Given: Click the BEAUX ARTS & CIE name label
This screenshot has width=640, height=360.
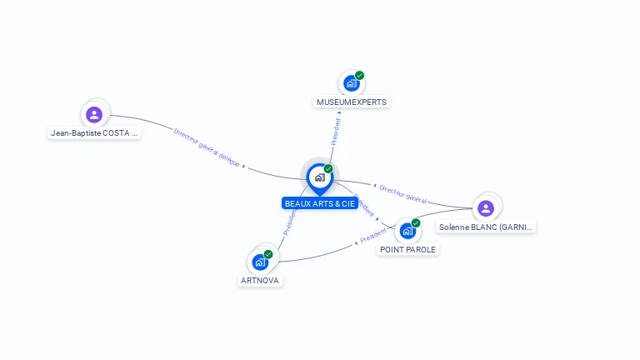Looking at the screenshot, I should pos(320,203).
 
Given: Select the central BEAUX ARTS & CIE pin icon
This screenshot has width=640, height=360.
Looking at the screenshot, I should pos(319,177).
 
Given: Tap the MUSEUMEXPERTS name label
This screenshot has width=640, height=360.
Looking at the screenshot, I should pos(352,102).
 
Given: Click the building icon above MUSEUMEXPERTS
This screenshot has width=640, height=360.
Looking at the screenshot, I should pos(352,83).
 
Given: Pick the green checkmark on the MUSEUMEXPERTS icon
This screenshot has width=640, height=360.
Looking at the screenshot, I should pos(359,76).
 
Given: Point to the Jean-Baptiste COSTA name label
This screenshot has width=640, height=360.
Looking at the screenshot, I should pos(94,132).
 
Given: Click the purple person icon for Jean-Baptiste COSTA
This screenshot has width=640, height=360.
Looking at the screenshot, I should pos(94,114).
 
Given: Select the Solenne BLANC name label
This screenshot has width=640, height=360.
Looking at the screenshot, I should pos(486,227).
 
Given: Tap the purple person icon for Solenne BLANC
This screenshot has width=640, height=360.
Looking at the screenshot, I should pos(486,207).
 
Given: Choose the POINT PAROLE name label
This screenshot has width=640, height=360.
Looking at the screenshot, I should pos(407,249).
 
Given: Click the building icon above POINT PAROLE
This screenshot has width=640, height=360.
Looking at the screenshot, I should pos(407,231).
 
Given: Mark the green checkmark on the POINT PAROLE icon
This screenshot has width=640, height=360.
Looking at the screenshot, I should pos(416,223).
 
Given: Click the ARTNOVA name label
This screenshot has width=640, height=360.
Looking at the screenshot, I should pos(260,281).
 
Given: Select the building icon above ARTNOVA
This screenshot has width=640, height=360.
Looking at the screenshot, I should pos(260,262).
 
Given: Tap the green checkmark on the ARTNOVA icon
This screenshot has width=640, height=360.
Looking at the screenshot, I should pos(268,254).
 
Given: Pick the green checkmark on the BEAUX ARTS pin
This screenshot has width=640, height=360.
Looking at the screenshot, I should pos(328,168).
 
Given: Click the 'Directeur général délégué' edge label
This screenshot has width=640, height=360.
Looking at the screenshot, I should pos(207,147).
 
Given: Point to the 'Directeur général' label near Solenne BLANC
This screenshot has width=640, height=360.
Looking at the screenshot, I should pos(403,194).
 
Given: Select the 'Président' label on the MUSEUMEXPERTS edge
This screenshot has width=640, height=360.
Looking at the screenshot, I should pos(336,132).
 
